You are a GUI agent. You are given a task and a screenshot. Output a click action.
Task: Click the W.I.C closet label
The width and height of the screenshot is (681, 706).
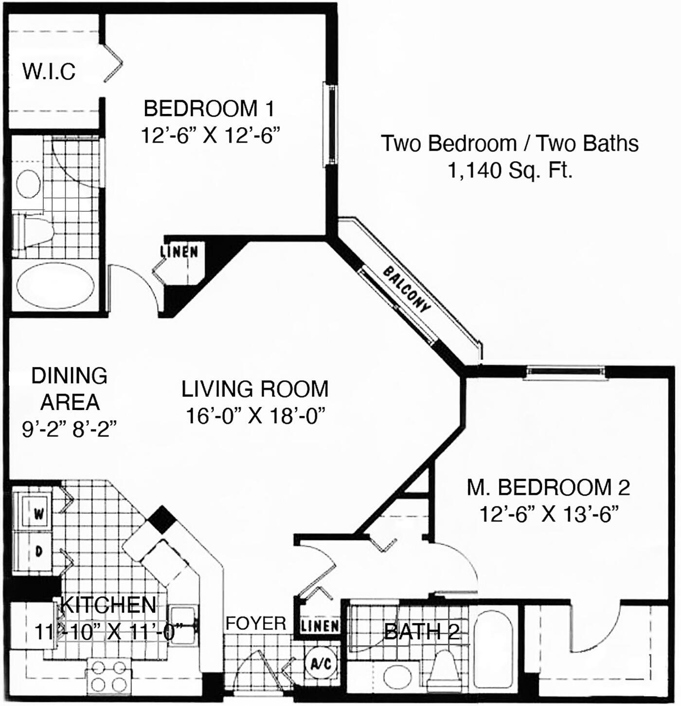coord(49,71)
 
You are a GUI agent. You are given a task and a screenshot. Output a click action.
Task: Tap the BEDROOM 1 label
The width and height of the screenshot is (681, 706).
coord(209,109)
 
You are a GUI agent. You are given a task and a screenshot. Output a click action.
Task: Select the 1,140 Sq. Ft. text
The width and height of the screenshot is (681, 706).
coord(510,170)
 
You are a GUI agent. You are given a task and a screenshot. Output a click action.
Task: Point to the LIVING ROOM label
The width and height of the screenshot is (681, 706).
coord(255,389)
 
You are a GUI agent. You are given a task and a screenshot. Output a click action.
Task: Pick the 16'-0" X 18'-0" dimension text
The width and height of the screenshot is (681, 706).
coord(254,415)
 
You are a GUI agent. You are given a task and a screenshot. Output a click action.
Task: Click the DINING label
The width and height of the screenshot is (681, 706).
coord(69,375)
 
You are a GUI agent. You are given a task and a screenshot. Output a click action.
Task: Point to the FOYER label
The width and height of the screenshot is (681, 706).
coord(256,623)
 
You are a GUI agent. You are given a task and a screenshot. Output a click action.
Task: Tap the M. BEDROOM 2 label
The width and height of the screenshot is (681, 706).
coord(548,487)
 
